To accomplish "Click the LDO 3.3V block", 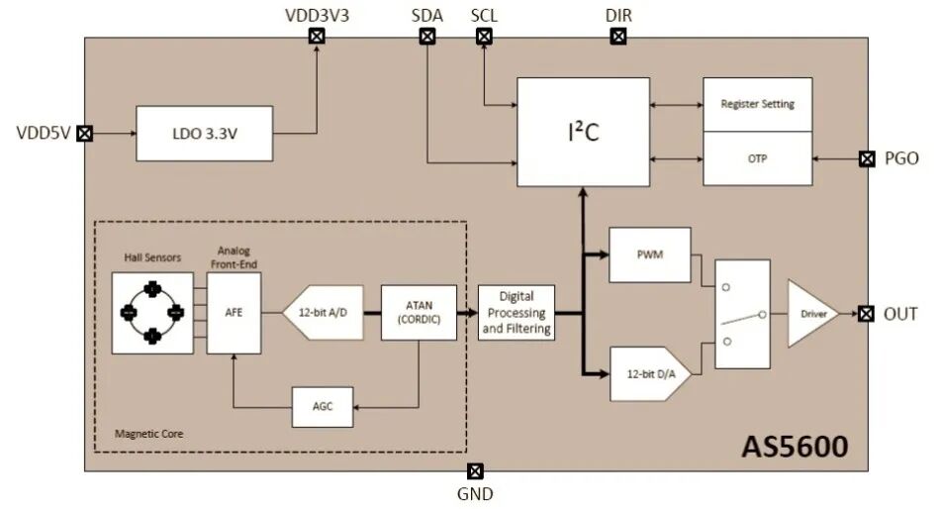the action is pos(205,134).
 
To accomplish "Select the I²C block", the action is pos(584,132).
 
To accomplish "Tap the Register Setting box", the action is pos(758,104).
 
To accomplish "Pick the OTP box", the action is pos(758,158).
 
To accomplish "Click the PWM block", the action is pos(650,254).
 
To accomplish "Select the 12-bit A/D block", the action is pos(324,313).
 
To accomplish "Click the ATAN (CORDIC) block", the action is pos(419,313).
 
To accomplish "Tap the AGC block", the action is pos(323,407).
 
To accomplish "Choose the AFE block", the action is pos(234,313).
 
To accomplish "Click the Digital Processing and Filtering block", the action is pos(517,313).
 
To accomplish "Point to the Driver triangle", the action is pos(810,313).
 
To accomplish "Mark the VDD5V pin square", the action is pos(85,134).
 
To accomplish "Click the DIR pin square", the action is pos(618,37).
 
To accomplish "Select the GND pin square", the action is pos(475,471).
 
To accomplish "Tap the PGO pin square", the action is pos(867,158).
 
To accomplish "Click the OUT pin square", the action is pos(866,313).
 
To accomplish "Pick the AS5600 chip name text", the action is pos(795,447).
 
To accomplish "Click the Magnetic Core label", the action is pos(148,434).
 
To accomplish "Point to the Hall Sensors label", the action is pos(152,257).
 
